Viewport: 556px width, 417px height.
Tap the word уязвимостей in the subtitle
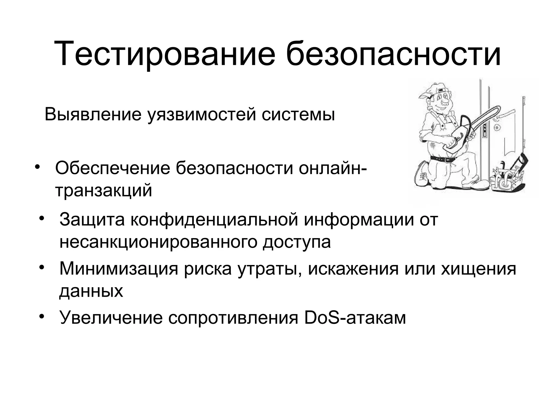(202, 115)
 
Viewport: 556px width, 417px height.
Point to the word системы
(298, 115)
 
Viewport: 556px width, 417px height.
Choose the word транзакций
(103, 190)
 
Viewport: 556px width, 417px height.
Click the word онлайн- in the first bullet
(333, 168)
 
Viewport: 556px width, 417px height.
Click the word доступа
(296, 242)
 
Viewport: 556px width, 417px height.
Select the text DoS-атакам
(355, 317)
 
